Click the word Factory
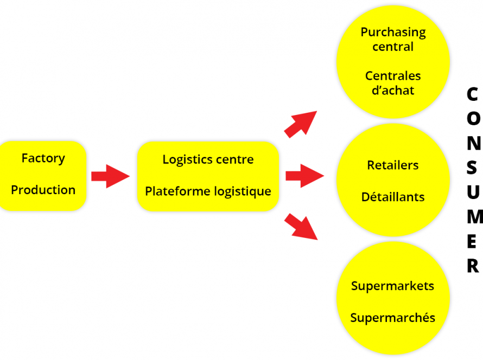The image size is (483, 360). point(43,158)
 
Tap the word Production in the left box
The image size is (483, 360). point(43,190)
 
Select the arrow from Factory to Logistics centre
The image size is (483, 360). point(110,176)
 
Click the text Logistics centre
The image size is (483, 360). point(208,159)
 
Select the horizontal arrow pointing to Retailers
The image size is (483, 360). point(304,176)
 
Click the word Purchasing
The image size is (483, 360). point(393,33)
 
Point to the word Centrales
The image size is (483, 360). point(393,76)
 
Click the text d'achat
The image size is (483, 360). point(393,91)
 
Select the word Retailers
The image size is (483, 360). point(393,165)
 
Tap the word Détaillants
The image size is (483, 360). point(393,197)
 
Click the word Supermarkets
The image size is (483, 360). point(392,286)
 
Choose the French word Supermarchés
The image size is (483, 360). point(392,318)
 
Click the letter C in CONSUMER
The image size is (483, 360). point(472,94)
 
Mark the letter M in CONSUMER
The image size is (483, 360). point(474,217)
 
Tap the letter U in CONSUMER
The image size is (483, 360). point(473,192)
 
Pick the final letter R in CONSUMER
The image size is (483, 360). point(473,266)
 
